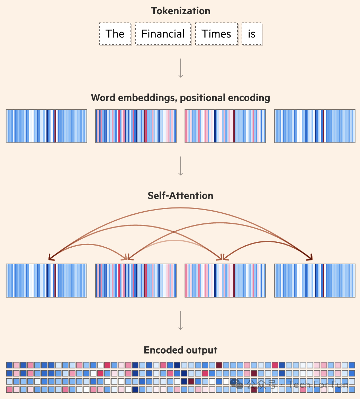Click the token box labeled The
[x=115, y=34]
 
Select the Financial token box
[x=163, y=34]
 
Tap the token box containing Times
[x=216, y=34]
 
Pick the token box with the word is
[x=252, y=34]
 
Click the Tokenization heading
[x=180, y=11]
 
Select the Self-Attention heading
[x=180, y=196]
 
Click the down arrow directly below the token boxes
[x=180, y=68]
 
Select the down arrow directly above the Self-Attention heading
[x=180, y=166]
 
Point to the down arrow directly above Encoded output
[x=180, y=320]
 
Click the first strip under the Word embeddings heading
[x=46, y=126]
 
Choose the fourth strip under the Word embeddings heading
[x=315, y=126]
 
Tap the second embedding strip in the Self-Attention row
[x=136, y=281]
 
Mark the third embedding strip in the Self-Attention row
[x=225, y=281]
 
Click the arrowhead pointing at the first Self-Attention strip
[x=51, y=258]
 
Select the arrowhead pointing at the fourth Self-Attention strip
[x=310, y=257]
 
